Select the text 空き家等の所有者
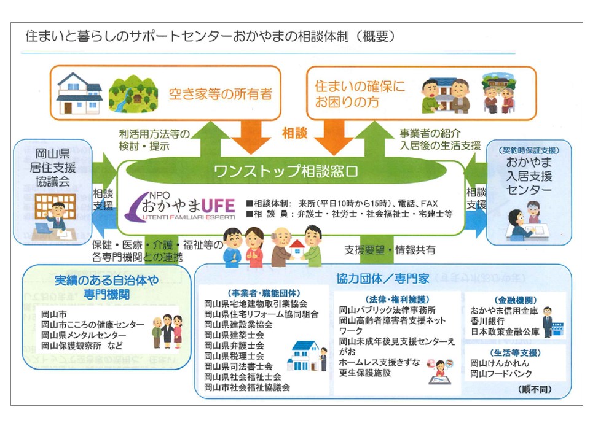pyautogui.click(x=221, y=95)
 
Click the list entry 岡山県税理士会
pyautogui.click(x=234, y=355)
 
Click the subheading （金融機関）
pyautogui.click(x=503, y=300)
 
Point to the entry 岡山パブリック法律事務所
pyautogui.click(x=387, y=310)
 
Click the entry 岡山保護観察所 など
pyautogui.click(x=82, y=346)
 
